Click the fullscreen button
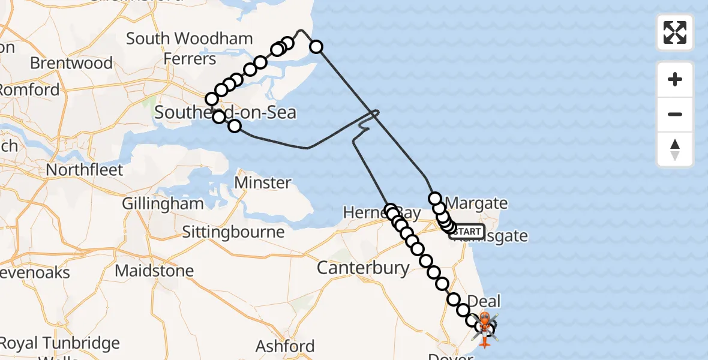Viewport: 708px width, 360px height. [675, 32]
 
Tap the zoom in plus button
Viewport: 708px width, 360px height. [675, 79]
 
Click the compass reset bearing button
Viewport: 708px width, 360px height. [675, 149]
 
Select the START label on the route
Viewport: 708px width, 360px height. [467, 232]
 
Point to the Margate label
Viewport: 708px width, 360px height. [478, 203]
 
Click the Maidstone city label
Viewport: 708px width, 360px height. [154, 271]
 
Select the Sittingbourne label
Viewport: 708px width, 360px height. [233, 232]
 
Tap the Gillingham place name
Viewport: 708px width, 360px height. [163, 203]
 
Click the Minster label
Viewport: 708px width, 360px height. [263, 182]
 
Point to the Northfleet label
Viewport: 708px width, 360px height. [85, 170]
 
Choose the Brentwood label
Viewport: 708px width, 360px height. [71, 63]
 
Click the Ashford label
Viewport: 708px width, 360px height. [285, 346]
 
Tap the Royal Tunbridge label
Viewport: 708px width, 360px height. [60, 344]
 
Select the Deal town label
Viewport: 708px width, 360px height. [483, 301]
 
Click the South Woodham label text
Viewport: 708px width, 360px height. [189, 39]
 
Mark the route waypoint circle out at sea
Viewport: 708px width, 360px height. [316, 47]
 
